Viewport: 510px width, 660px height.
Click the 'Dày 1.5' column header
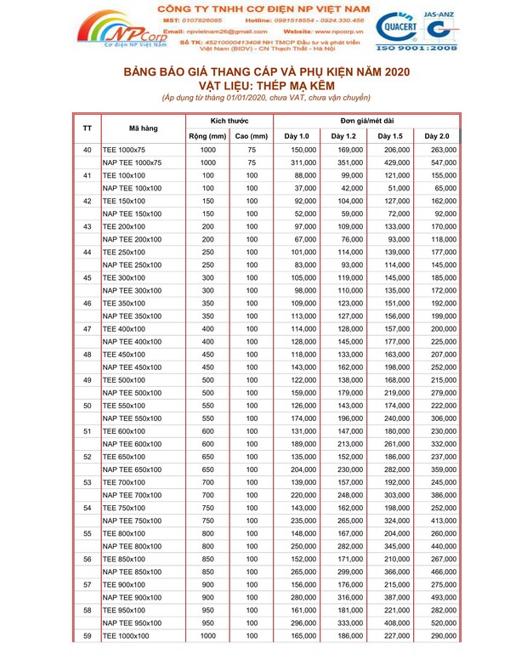click(390, 136)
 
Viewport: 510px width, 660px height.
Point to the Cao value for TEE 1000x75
click(252, 150)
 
